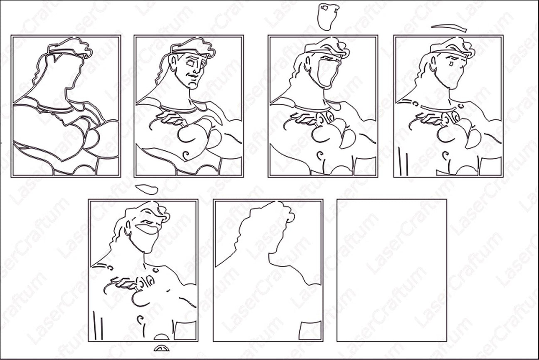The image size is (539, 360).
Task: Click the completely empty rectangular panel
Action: point(392,270)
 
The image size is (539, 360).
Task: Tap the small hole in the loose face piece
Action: point(324,8)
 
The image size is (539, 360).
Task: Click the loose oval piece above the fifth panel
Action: point(146,189)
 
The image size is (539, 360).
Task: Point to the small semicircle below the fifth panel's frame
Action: point(161,348)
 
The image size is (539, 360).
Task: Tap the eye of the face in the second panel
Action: point(190,64)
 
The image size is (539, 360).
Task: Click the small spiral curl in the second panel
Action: point(186,155)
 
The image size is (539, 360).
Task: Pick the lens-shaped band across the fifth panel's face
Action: point(147,229)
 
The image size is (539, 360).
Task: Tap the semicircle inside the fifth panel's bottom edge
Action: point(161,337)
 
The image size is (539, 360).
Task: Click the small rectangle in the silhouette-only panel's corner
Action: point(310,330)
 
